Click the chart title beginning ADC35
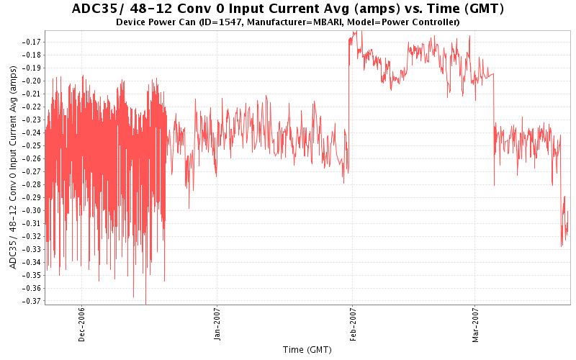[x=288, y=9]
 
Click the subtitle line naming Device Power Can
[x=288, y=22]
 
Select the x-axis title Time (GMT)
[x=307, y=350]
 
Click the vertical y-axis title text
[x=12, y=166]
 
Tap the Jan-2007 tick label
[x=217, y=325]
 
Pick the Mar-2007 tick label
[x=474, y=325]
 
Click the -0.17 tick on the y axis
[x=31, y=42]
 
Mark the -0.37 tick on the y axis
[x=31, y=301]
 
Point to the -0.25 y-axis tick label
[x=31, y=145]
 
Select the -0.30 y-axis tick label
[x=31, y=210]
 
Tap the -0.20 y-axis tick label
[x=31, y=81]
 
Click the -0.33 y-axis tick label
[x=31, y=249]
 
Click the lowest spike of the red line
[x=146, y=303]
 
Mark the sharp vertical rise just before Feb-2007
[x=348, y=108]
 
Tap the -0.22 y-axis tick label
[x=31, y=107]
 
